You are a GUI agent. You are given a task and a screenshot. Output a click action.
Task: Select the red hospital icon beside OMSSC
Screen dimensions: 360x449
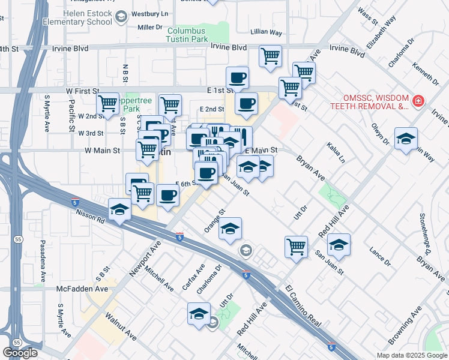pyautogui.click(x=418, y=101)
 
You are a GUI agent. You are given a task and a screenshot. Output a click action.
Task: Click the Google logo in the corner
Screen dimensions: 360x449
pyautogui.click(x=20, y=353)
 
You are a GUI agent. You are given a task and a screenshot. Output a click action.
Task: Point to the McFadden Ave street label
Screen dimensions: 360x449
pyautogui.click(x=82, y=289)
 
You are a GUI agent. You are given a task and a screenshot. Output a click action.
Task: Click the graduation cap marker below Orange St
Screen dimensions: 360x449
pyautogui.click(x=229, y=228)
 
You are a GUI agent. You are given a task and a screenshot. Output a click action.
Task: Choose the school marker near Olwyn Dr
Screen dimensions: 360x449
pyautogui.click(x=406, y=139)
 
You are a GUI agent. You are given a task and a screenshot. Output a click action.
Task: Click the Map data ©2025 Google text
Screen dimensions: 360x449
pyautogui.click(x=411, y=355)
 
